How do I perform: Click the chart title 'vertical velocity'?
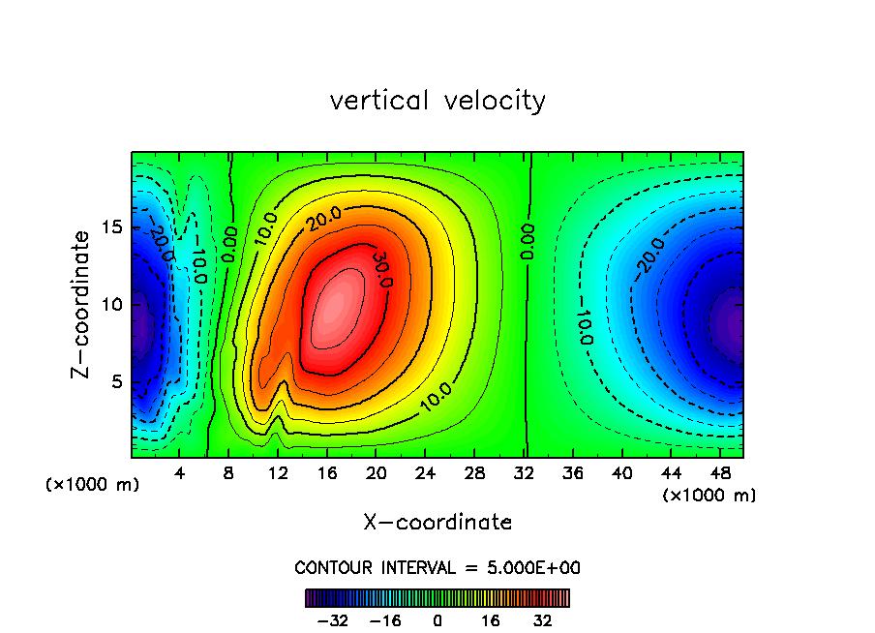(x=437, y=101)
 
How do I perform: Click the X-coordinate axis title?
(x=437, y=523)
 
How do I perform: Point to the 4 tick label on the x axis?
(x=180, y=474)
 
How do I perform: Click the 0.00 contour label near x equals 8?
(x=228, y=246)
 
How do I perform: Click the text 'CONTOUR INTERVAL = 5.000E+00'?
(x=437, y=567)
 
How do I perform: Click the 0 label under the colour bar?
(x=437, y=620)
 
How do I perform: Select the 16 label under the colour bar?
(x=491, y=620)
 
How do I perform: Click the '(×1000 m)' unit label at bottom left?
(x=92, y=485)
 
